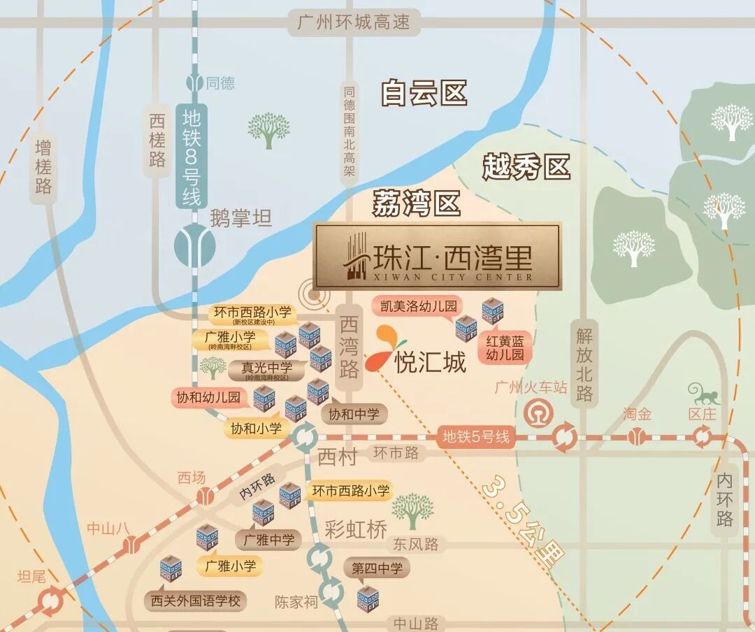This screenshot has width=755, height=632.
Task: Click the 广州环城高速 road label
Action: click(353, 23)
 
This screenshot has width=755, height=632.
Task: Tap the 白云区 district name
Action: click(424, 93)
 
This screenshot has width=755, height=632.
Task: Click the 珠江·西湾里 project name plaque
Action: click(437, 257)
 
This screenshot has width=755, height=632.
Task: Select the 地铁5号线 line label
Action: click(476, 438)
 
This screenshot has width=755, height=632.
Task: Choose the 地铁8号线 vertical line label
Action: click(192, 155)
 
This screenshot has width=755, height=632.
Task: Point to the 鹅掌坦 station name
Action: click(240, 219)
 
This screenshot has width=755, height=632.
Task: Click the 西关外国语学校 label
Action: click(195, 601)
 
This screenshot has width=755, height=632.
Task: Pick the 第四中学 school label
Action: click(377, 568)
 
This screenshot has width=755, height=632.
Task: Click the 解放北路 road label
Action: click(584, 364)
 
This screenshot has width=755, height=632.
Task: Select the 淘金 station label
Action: click(637, 414)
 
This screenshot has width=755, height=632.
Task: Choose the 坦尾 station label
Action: click(31, 577)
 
